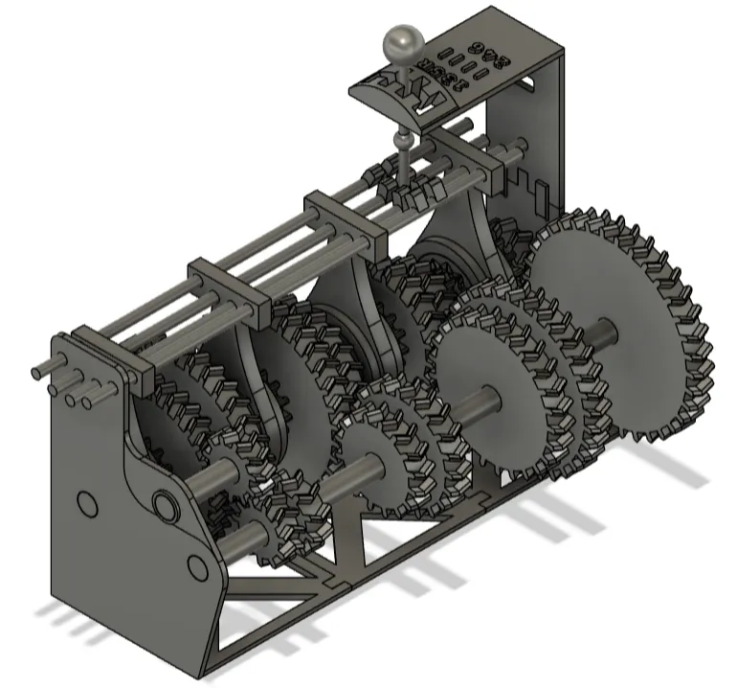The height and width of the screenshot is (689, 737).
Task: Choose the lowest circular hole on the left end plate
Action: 197,568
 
